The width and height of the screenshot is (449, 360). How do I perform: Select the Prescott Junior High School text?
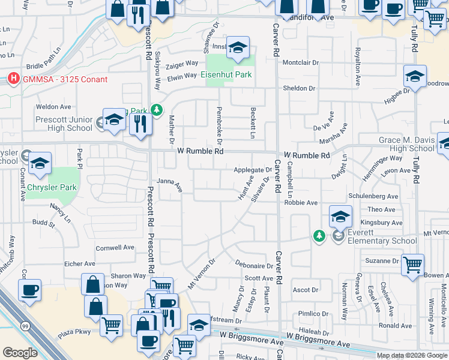64,124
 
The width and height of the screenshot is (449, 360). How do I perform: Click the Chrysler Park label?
51,187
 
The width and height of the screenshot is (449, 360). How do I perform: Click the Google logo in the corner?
20,353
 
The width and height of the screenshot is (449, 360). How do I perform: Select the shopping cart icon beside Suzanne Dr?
412,265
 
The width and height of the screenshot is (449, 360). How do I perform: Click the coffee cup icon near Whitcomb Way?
29,290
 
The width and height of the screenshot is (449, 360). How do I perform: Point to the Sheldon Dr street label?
299,88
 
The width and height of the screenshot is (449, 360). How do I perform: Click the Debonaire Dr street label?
255,265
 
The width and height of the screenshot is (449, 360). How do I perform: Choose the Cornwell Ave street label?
115,247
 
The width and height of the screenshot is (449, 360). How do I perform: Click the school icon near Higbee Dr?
414,76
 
